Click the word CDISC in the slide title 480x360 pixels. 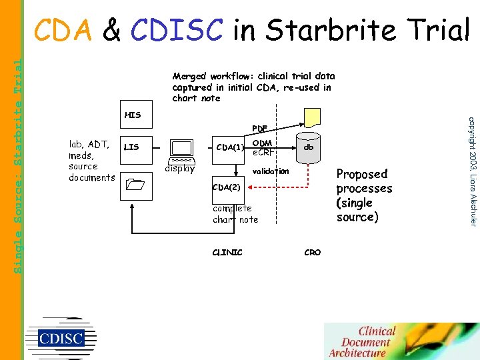(176, 30)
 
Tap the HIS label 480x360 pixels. (133, 115)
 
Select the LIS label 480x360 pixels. (131, 147)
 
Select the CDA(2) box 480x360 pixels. (225, 187)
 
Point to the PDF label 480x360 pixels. (259, 128)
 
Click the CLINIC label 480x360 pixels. (227, 252)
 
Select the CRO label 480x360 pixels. (312, 252)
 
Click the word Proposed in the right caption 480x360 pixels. (362, 175)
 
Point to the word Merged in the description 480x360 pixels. (189, 77)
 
